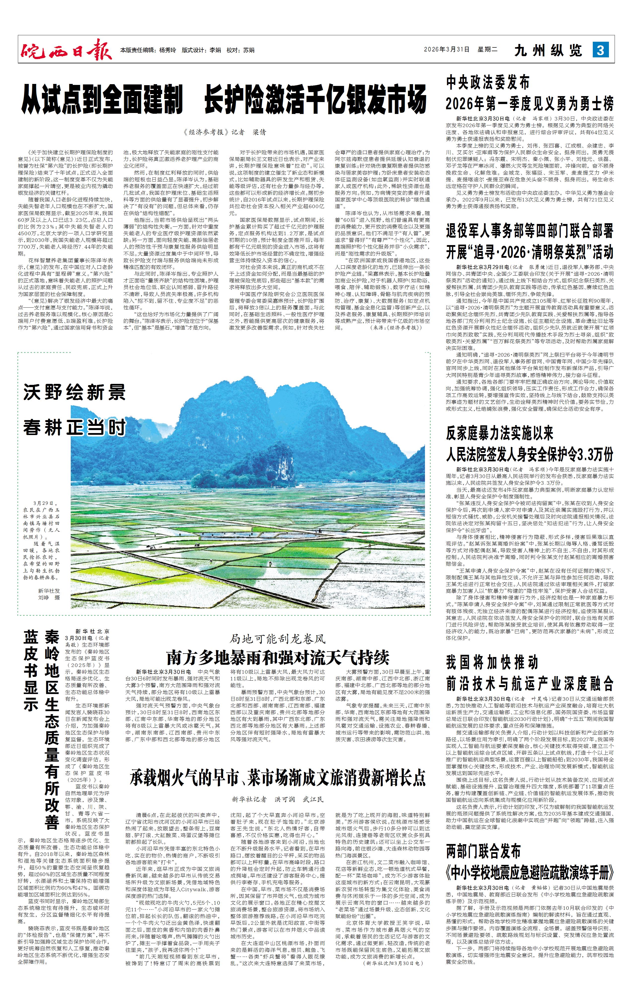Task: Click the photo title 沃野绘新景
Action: [74, 393]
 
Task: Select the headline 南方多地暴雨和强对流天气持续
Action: [278, 658]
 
